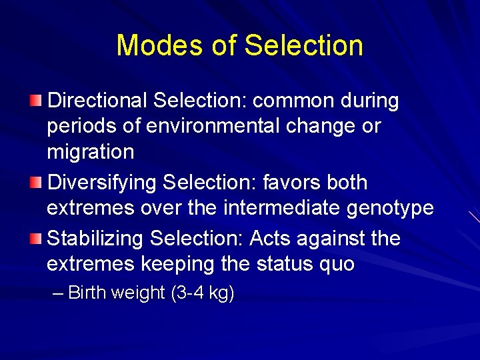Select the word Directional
[97, 101]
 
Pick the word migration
[90, 152]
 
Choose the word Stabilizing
[96, 239]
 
